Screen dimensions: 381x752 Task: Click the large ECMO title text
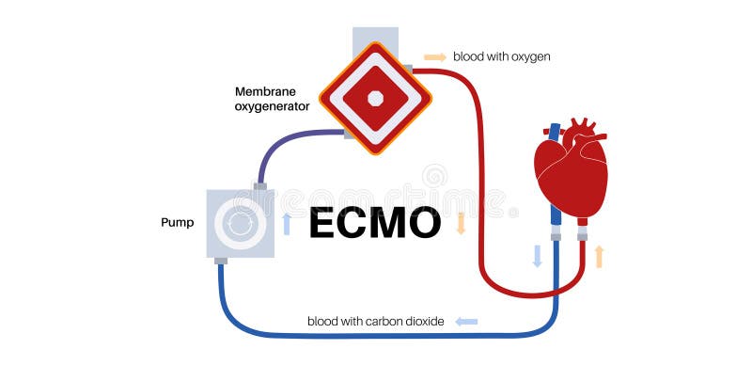pyautogui.click(x=375, y=224)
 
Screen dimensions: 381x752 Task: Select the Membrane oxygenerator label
pyautogui.click(x=272, y=99)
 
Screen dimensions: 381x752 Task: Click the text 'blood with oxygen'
pyautogui.click(x=501, y=56)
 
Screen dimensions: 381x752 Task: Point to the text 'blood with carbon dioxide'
pyautogui.click(x=376, y=322)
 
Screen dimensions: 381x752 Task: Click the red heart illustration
pyautogui.click(x=570, y=173)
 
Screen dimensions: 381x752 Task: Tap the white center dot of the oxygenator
pyautogui.click(x=375, y=98)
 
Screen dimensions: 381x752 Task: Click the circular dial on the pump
pyautogui.click(x=240, y=224)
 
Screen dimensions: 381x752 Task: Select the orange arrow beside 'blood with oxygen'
pyautogui.click(x=435, y=56)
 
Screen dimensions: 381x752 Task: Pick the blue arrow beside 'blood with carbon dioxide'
pyautogui.click(x=466, y=322)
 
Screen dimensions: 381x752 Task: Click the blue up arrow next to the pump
pyautogui.click(x=287, y=224)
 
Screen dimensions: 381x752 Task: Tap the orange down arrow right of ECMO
pyautogui.click(x=461, y=224)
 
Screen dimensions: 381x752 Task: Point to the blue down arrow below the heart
pyautogui.click(x=538, y=256)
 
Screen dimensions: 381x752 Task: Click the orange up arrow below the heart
pyautogui.click(x=598, y=256)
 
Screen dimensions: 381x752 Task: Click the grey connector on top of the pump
pyautogui.click(x=261, y=185)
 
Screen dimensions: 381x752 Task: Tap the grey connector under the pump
pyautogui.click(x=221, y=261)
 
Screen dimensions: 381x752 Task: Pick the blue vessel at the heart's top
pyautogui.click(x=555, y=133)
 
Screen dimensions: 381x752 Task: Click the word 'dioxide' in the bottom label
pyautogui.click(x=424, y=322)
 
